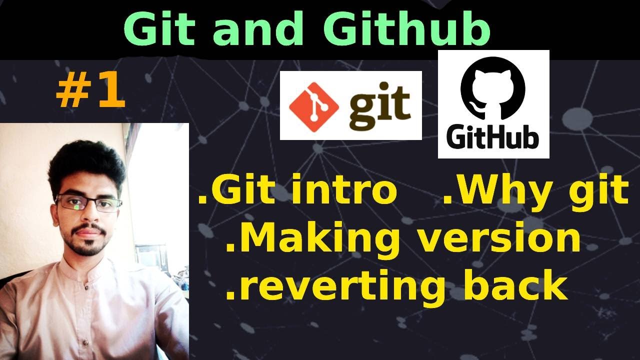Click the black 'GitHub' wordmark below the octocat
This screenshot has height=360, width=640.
pos(493,137)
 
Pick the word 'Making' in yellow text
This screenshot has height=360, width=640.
pos(312,239)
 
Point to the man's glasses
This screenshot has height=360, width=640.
pos(89,203)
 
